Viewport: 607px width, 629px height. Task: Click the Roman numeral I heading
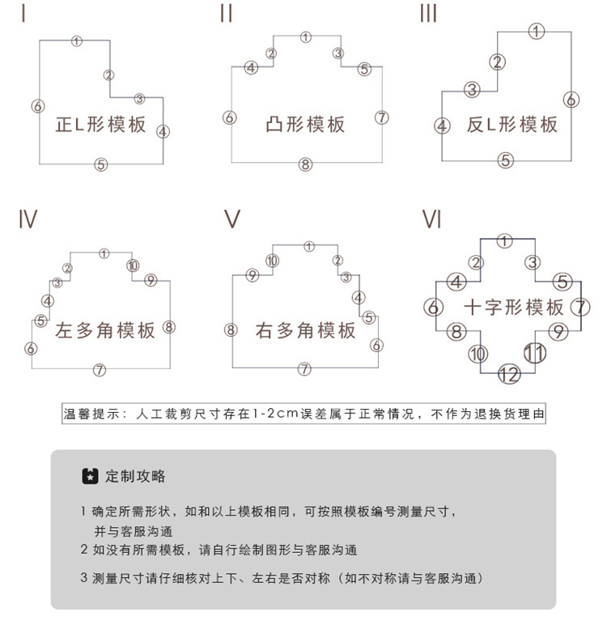23,13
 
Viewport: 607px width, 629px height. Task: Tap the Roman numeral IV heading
28,219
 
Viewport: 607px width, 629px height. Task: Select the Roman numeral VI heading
432,219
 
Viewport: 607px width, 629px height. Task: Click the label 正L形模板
100,125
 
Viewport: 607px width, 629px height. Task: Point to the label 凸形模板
305,125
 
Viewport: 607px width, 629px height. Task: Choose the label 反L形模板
512,125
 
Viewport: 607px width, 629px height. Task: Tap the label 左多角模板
105,330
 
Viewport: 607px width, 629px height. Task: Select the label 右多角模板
305,330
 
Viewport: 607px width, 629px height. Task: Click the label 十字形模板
514,308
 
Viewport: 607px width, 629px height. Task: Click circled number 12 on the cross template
509,374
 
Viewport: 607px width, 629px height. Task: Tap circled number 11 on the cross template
535,354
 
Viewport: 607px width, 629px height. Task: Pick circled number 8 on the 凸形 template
305,164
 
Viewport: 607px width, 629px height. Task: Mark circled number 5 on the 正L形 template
101,164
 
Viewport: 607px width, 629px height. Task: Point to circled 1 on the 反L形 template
537,31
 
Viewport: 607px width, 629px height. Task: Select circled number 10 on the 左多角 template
133,266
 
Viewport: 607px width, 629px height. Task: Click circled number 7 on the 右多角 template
304,368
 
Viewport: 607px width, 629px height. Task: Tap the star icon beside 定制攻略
90,476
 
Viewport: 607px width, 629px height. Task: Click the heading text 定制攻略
135,476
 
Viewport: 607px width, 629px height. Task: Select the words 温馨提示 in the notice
91,414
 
